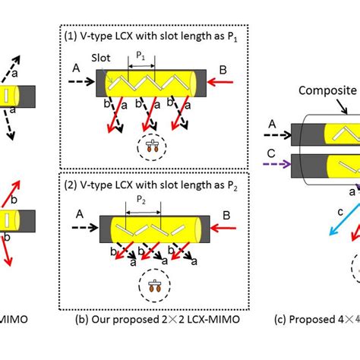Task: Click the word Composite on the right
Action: [327, 89]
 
